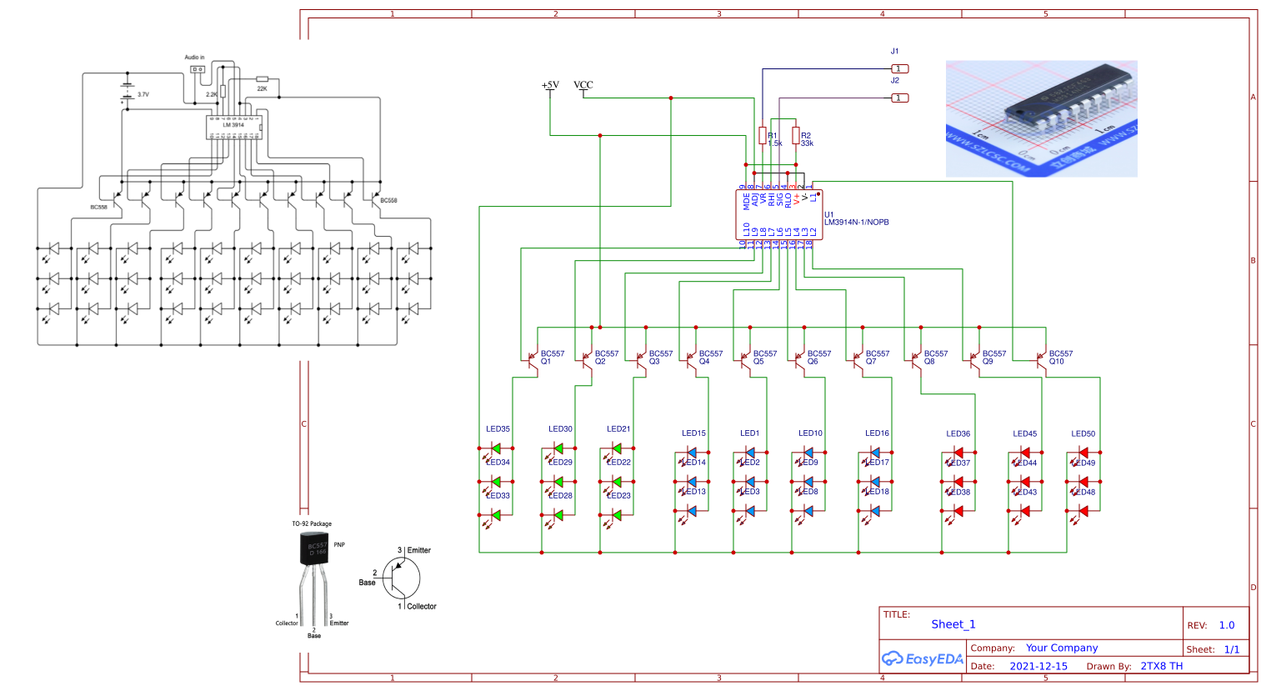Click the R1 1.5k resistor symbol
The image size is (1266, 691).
pyautogui.click(x=763, y=135)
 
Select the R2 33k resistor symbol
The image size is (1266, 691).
pyautogui.click(x=796, y=135)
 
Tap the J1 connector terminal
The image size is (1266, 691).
pyautogui.click(x=899, y=68)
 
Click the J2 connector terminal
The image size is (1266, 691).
pyautogui.click(x=899, y=98)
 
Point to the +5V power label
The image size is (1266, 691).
pyautogui.click(x=550, y=86)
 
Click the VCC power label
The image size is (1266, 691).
pyautogui.click(x=583, y=86)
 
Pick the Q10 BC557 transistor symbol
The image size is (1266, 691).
pyautogui.click(x=1041, y=360)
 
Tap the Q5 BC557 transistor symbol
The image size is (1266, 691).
pyautogui.click(x=745, y=360)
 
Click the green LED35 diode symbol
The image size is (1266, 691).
pyautogui.click(x=496, y=448)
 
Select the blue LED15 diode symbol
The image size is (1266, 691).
pyautogui.click(x=691, y=453)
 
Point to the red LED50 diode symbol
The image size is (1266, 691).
pyautogui.click(x=1083, y=453)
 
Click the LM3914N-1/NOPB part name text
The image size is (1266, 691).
pyautogui.click(x=857, y=223)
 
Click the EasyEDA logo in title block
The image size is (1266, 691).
pyautogui.click(x=923, y=658)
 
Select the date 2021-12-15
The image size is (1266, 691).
pyautogui.click(x=1038, y=666)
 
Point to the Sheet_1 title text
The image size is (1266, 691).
pyautogui.click(x=953, y=624)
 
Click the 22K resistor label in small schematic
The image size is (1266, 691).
pyautogui.click(x=262, y=88)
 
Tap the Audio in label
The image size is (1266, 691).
pyautogui.click(x=194, y=58)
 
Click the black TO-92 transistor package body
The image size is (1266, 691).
pyautogui.click(x=314, y=548)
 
